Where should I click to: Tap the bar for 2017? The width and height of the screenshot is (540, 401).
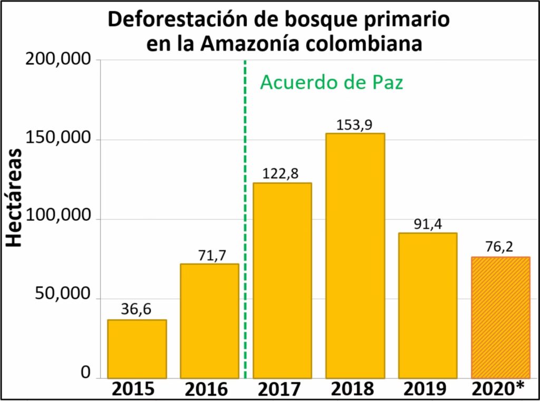(282, 280)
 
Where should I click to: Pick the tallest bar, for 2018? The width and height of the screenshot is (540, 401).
(355, 256)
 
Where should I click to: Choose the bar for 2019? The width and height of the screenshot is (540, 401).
(428, 305)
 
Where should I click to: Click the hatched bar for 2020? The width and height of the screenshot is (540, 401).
(500, 317)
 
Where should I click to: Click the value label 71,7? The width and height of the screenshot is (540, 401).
(209, 255)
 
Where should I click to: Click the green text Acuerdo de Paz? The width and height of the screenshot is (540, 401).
(332, 83)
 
